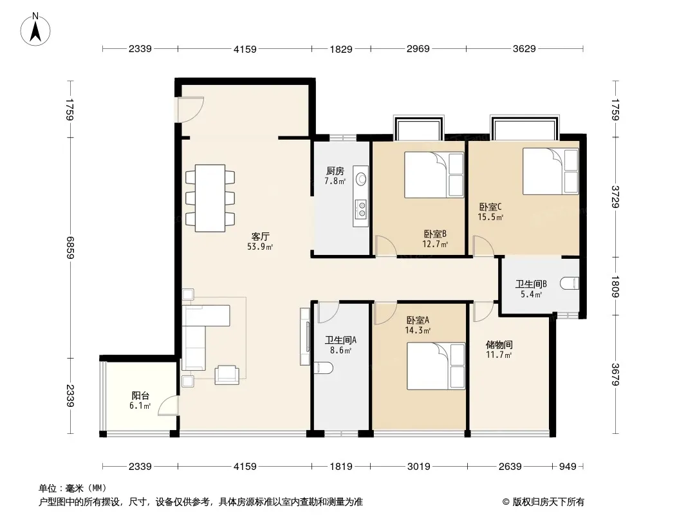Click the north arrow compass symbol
(35, 30)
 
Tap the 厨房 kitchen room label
(335, 171)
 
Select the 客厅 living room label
(260, 237)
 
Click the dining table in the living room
(210, 198)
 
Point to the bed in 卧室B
(434, 174)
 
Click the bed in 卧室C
(550, 171)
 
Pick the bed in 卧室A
(436, 366)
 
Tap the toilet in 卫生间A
(323, 368)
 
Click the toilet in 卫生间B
(570, 283)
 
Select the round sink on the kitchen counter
(362, 179)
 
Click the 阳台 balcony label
(140, 395)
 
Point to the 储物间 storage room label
(499, 345)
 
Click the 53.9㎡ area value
(260, 247)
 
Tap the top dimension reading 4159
(245, 49)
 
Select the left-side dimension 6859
(70, 248)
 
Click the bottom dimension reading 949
(568, 467)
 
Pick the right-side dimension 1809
(615, 286)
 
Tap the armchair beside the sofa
(227, 375)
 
